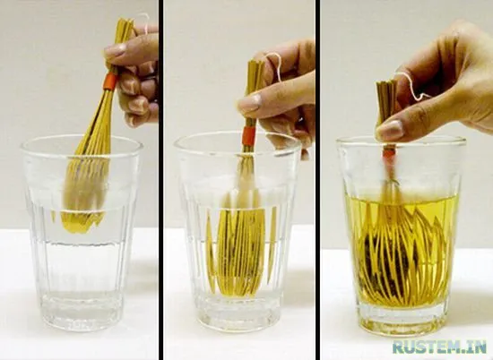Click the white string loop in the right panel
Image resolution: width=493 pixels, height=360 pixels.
coord(411,85)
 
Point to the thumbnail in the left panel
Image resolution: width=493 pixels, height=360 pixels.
coord(116,50)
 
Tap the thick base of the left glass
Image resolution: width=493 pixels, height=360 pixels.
coord(82,310)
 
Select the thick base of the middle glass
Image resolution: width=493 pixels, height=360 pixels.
coord(239,311)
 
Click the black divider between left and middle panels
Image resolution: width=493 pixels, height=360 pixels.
coord(160,180)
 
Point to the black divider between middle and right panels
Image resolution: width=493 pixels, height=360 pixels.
coord(317,180)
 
